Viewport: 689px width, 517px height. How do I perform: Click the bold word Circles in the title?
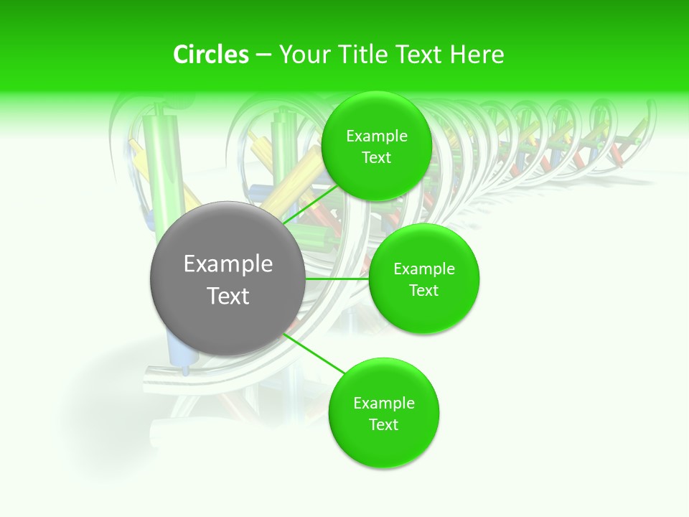coord(211,55)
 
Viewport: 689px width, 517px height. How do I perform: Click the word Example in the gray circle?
coord(228,264)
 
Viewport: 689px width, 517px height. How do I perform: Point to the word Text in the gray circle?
coord(228,296)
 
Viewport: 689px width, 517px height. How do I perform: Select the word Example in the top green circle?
coord(376,136)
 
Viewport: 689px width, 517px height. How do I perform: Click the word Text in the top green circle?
coord(376,157)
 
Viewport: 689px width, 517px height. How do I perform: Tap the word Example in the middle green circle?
coord(423,269)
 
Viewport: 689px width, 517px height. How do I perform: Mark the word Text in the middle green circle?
coord(423,290)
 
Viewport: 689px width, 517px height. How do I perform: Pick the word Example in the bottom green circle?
coord(383,403)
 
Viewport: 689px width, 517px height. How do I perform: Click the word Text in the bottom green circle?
coord(383,424)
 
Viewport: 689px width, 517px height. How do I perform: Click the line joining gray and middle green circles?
coord(336,279)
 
